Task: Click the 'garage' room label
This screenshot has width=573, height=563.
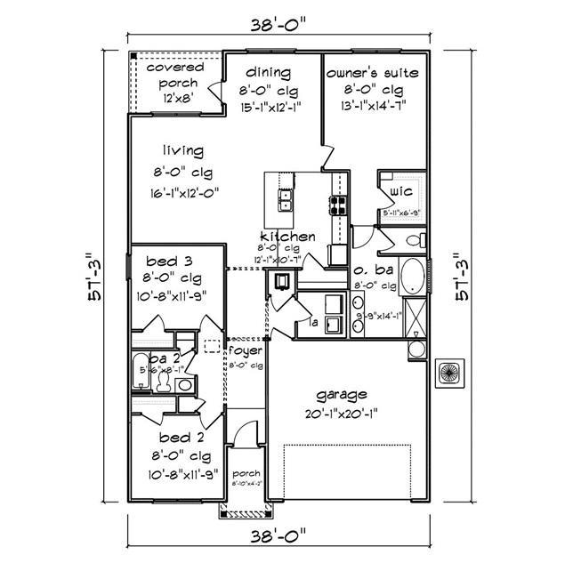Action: click(342, 394)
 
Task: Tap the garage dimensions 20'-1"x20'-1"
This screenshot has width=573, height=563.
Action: click(342, 413)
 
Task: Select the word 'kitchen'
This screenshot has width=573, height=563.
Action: click(286, 237)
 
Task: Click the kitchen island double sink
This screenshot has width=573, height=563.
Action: click(286, 201)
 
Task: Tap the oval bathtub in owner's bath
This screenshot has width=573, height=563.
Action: click(412, 276)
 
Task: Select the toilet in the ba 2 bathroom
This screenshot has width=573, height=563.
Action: click(163, 381)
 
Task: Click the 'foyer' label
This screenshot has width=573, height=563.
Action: click(246, 351)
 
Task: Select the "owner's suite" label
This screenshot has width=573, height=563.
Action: click(372, 71)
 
